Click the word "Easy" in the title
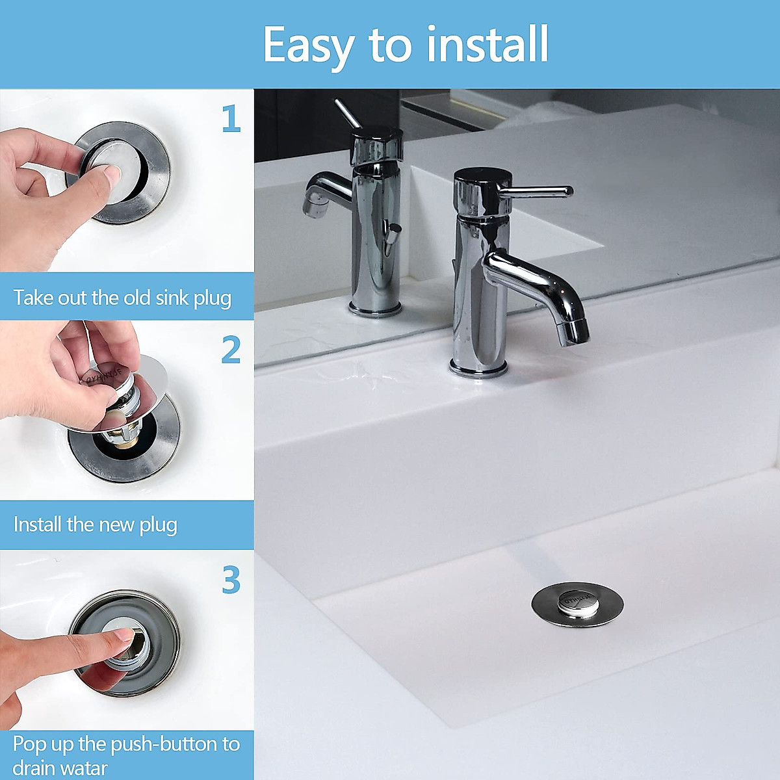tap(308, 45)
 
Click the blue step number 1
tap(231, 119)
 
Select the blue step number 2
tap(231, 350)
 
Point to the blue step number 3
tap(231, 580)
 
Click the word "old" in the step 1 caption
tap(137, 298)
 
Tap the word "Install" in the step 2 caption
tap(38, 524)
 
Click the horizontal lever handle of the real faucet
tap(539, 191)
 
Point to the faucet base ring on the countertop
tap(478, 369)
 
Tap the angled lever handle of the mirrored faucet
tap(347, 114)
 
